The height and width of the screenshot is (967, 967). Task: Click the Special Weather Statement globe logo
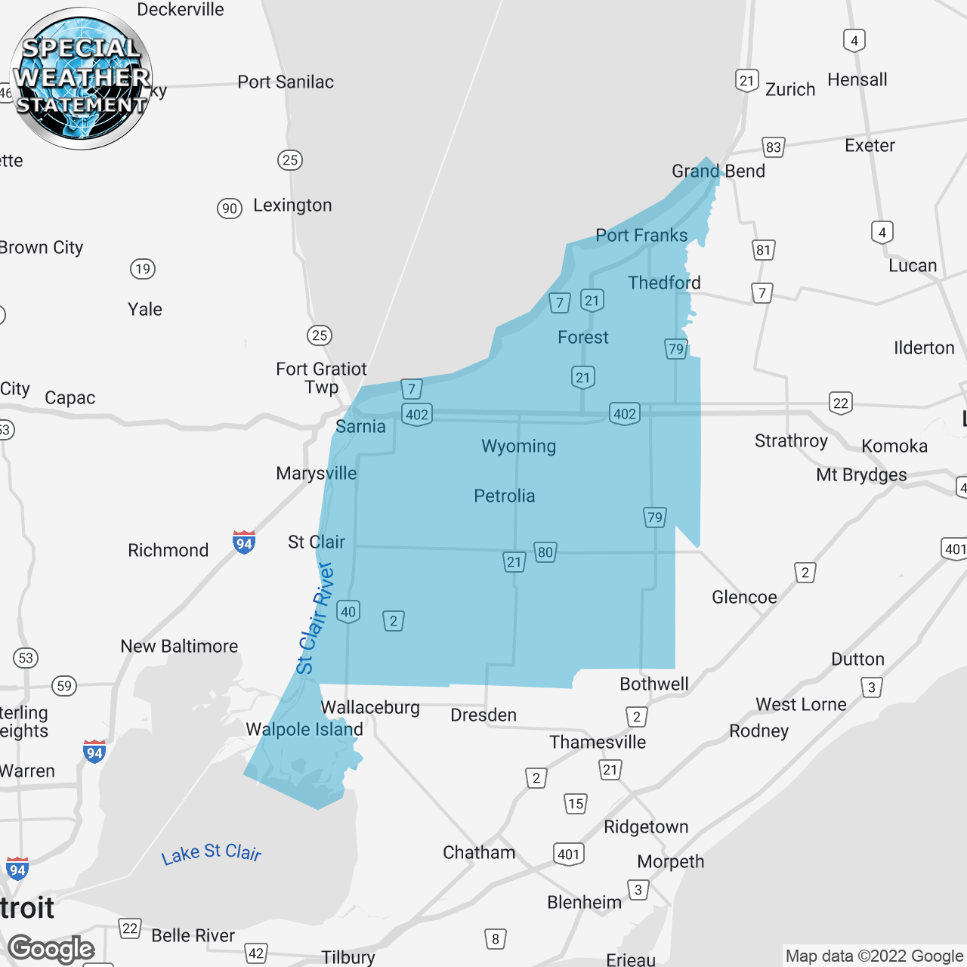click(82, 79)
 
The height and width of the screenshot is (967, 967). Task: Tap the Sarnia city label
click(360, 427)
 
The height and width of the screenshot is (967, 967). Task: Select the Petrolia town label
click(504, 496)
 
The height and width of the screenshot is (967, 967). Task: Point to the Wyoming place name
click(518, 446)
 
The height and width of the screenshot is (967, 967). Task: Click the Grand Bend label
click(718, 171)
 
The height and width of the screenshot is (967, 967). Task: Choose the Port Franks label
click(641, 236)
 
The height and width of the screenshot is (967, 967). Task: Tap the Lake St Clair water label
click(211, 854)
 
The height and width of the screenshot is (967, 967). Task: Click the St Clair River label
click(315, 618)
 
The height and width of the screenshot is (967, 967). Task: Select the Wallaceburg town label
click(370, 708)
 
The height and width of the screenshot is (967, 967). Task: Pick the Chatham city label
click(479, 853)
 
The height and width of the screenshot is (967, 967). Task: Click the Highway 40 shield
click(348, 612)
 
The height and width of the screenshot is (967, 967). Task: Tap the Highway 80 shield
click(545, 552)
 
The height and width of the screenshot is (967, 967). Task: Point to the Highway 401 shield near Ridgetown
click(569, 854)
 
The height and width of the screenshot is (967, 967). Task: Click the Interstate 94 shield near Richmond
click(243, 542)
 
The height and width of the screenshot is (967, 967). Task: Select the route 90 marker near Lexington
click(230, 209)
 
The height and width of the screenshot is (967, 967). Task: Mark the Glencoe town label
click(744, 598)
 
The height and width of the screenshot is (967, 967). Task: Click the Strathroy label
click(791, 441)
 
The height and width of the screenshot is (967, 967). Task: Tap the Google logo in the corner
click(51, 949)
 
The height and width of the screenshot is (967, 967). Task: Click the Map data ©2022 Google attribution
click(874, 956)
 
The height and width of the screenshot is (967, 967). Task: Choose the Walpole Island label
click(304, 730)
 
